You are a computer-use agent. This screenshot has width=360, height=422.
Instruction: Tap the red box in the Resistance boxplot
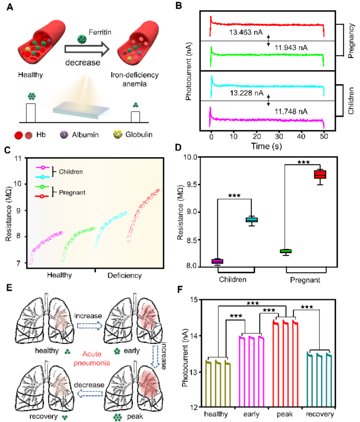point(320,175)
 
